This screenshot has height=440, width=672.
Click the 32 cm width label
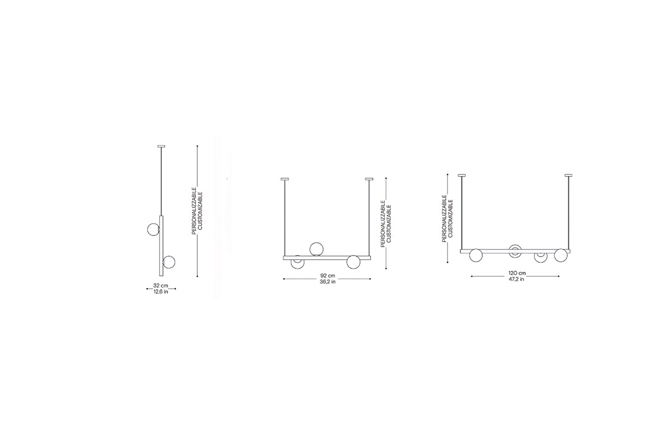click(161, 286)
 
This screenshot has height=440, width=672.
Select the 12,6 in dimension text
click(161, 292)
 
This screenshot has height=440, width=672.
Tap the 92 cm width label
click(328, 276)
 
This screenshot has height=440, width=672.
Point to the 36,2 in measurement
click(328, 282)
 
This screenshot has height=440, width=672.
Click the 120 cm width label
click(516, 273)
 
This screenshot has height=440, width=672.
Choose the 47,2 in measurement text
click(516, 279)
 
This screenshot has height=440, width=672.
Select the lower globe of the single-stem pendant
click(169, 262)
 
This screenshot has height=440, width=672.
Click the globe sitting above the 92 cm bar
click(316, 248)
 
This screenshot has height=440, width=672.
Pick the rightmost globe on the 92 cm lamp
click(353, 261)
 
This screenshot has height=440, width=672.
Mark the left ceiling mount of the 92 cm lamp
click(285, 179)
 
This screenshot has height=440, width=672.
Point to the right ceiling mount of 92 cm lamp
click(369, 179)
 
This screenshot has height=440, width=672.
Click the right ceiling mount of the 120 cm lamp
click(570, 175)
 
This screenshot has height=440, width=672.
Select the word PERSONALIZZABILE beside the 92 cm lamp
click(382, 224)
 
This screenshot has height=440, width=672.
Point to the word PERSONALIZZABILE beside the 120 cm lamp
click(444, 217)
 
